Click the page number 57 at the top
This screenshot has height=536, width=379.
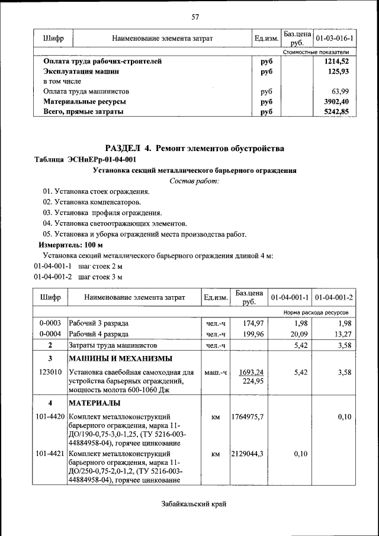click(195, 16)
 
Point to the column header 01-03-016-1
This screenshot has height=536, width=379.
click(335, 38)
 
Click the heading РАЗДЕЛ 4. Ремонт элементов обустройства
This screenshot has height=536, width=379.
click(195, 147)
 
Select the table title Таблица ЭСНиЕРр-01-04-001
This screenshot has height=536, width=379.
click(85, 159)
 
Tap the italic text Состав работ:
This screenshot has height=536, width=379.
click(195, 181)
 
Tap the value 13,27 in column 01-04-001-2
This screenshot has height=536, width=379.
click(341, 333)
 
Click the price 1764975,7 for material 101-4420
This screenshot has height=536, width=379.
click(248, 417)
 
